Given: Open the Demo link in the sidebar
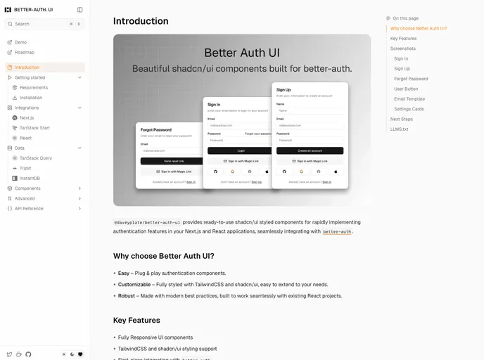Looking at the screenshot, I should pos(20,42).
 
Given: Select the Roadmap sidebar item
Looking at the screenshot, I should pos(24,52).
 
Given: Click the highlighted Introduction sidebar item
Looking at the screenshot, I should pos(27,67).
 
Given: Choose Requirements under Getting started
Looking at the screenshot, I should pos(34,88).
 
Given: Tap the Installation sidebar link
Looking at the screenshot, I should pos(31,98).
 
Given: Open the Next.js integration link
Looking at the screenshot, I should pos(27,118).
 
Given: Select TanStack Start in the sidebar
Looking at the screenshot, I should pos(34,128).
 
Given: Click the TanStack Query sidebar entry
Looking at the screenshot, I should pos(36,158).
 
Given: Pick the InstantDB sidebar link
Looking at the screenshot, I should pos(30,179).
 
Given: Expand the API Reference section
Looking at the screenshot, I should pos(29,209).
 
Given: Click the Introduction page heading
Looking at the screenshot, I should pos(141,21).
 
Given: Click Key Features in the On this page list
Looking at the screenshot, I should pos(403,39).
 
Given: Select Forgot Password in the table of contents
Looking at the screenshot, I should pos(411,79).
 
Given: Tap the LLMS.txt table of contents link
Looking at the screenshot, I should pos(399,129).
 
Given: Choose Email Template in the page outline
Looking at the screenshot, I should pos(409,99).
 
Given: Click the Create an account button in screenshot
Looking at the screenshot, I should pos(310,150).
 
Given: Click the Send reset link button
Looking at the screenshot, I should pos(169,161).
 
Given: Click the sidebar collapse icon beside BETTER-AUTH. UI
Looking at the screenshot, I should pos(79,10).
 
